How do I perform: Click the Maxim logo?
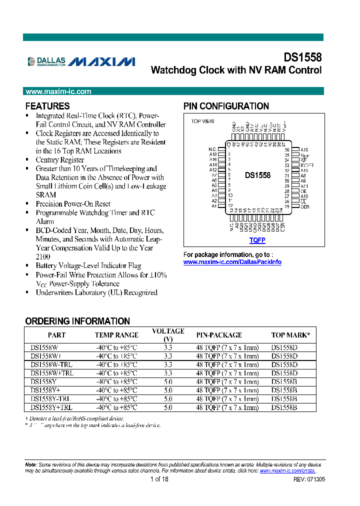tap(102, 61)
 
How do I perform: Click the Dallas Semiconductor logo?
tap(46, 61)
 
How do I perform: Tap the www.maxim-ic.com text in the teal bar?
tap(58, 91)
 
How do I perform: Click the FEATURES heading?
tap(47, 106)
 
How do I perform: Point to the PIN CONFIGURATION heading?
tap(226, 106)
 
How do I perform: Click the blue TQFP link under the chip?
tap(257, 240)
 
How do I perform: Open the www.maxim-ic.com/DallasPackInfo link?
tap(232, 262)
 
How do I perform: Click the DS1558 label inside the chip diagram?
tap(257, 175)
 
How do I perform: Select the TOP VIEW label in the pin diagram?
tap(202, 121)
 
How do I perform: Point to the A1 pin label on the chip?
tap(214, 206)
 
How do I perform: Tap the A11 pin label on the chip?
tap(304, 186)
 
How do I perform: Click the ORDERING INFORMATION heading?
tap(77, 321)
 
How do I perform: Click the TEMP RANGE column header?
tap(116, 335)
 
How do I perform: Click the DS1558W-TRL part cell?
tap(51, 364)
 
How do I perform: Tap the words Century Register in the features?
tap(59, 160)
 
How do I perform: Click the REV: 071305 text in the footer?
tap(309, 479)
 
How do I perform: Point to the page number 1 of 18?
tap(159, 479)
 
